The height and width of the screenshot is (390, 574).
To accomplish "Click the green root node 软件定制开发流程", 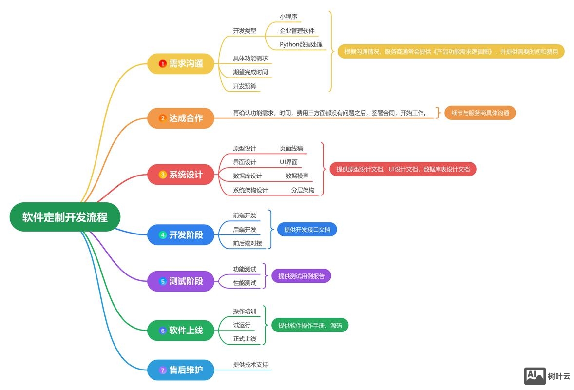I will [65, 217].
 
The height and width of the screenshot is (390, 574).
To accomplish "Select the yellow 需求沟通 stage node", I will [181, 64].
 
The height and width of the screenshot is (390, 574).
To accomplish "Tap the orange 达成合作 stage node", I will [181, 118].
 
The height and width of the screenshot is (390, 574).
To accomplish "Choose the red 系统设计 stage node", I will [181, 175].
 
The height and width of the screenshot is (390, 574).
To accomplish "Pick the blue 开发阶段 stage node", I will [181, 235].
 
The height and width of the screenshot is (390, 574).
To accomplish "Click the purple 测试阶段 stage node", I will [181, 281].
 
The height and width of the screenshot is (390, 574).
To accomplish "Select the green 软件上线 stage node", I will [181, 331].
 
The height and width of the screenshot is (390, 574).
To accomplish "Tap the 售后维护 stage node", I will [181, 370].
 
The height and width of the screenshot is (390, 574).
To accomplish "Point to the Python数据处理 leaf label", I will [301, 44].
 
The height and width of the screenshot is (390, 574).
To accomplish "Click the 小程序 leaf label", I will [288, 17].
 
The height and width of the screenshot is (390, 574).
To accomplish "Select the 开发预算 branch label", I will [245, 86].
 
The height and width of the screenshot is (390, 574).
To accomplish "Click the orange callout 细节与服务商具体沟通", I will [480, 113].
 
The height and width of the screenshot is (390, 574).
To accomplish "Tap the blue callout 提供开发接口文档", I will [307, 229].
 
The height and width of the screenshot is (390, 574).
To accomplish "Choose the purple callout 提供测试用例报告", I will [301, 276].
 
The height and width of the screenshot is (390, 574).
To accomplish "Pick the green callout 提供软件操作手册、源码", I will [310, 325].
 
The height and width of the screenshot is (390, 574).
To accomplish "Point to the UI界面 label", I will [288, 162].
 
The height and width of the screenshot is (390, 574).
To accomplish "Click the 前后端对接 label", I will [248, 243].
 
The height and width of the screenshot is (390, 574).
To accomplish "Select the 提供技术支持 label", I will [250, 364].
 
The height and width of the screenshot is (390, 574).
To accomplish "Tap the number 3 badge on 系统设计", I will [163, 175].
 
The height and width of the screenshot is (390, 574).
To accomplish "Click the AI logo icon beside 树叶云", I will [535, 376].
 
